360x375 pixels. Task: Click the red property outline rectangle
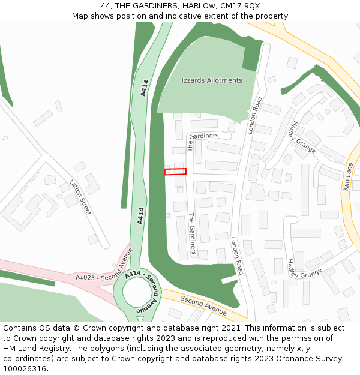(175, 172)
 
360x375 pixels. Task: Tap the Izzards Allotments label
(212, 80)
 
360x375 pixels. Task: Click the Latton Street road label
(80, 197)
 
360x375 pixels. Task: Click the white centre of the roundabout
(136, 292)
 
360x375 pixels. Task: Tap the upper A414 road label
(144, 88)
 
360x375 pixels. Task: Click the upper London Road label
(255, 115)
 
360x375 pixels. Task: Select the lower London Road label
(237, 256)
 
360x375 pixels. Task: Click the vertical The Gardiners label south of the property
(192, 233)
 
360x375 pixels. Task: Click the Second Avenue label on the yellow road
(203, 305)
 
